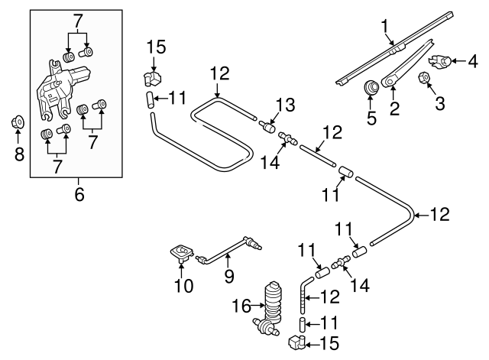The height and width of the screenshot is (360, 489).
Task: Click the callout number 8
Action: pyautogui.click(x=19, y=154)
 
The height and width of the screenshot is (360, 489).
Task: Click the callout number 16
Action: pyautogui.click(x=240, y=306)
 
